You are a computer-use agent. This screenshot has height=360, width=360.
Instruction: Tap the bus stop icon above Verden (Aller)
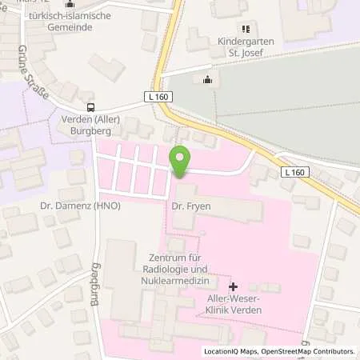click(90, 107)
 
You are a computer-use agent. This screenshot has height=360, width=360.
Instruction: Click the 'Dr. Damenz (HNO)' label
click(74, 206)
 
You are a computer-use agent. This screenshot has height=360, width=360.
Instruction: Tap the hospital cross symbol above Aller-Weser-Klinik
click(233, 286)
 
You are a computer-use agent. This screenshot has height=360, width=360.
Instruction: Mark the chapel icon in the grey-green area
click(208, 78)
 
